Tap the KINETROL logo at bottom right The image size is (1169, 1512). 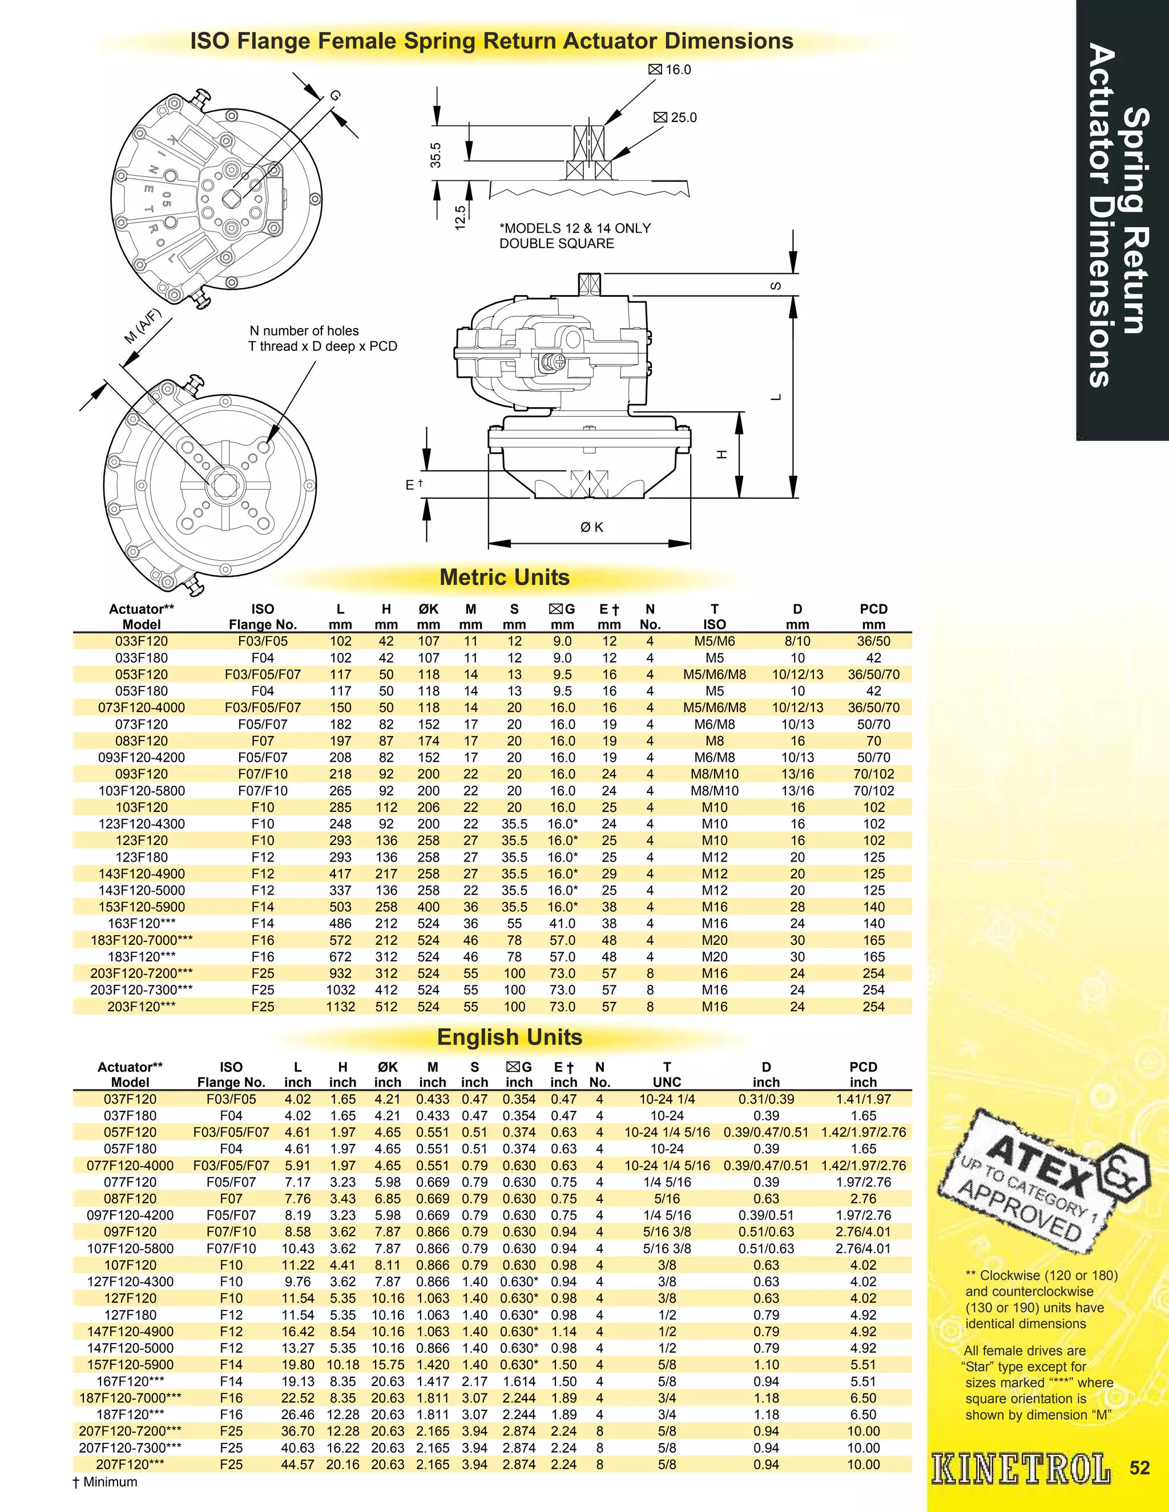pos(1021,1469)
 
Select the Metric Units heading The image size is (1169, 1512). pos(504,577)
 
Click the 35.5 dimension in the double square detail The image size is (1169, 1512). pos(436,155)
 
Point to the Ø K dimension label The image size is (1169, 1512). pos(591,527)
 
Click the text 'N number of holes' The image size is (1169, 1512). pos(304,331)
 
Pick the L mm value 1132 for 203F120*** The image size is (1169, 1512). pos(340,1006)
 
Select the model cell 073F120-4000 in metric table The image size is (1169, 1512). pos(142,708)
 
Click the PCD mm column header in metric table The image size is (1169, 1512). pos(873,616)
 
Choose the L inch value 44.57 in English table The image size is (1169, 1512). pos(298,1464)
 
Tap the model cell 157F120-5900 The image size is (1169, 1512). pos(130,1365)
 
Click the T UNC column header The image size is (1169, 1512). pos(667,1074)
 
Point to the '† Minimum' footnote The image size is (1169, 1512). pos(104,1482)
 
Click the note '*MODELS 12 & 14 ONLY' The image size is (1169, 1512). pos(575,228)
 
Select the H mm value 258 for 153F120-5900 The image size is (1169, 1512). pos(386,907)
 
